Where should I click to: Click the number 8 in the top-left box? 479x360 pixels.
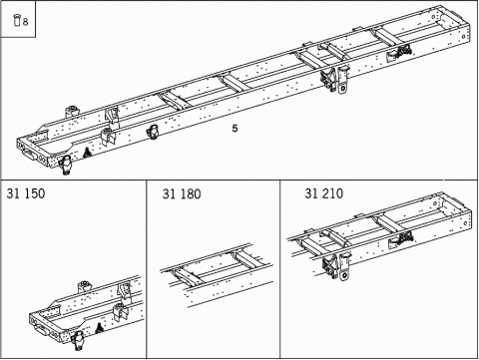pos(25,20)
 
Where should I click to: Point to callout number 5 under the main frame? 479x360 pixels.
pos(235,129)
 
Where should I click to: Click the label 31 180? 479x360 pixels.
pos(181,194)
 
